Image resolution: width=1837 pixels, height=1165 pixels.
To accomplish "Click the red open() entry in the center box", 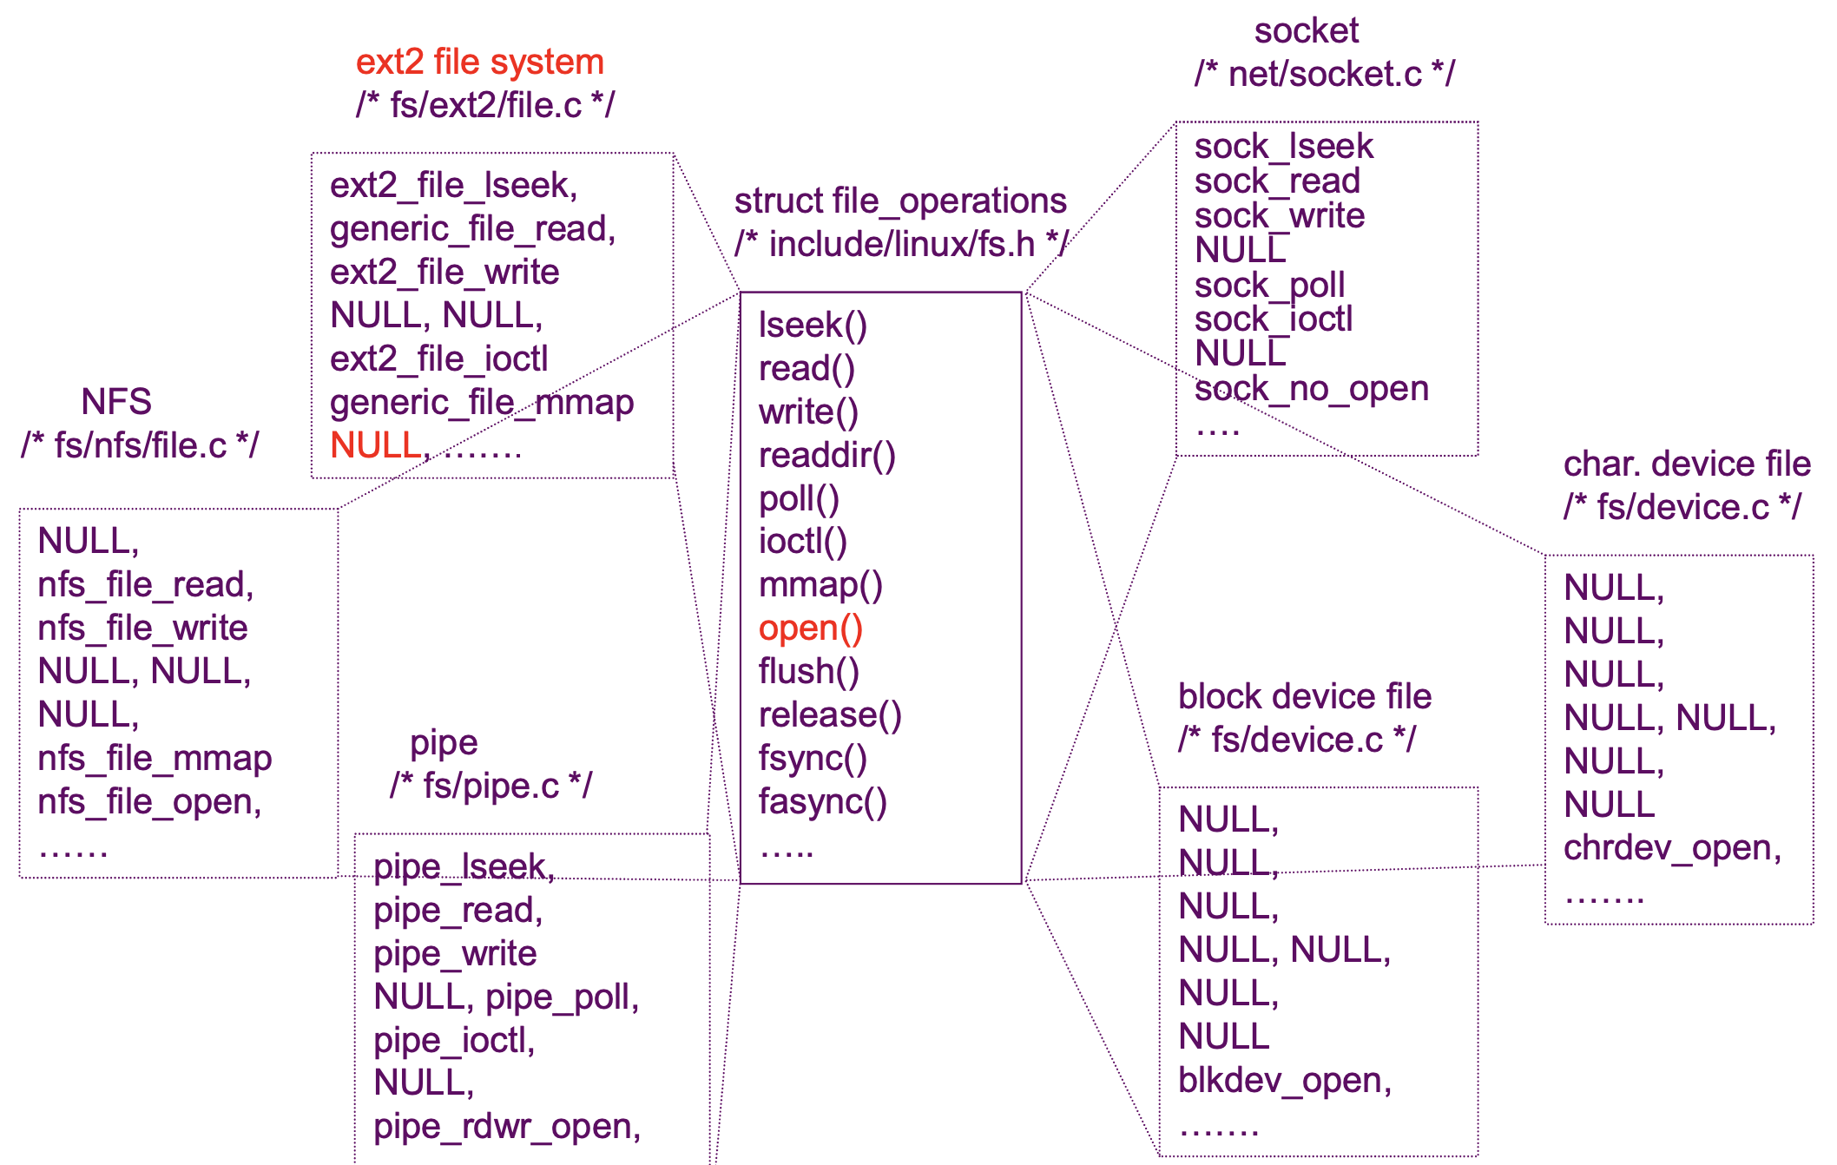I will (x=810, y=629).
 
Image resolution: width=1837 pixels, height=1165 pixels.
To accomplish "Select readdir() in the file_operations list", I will (x=826, y=456).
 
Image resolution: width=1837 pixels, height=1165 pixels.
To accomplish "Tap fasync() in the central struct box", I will (x=822, y=802).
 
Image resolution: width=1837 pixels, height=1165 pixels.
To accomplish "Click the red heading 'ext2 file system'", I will (x=479, y=63).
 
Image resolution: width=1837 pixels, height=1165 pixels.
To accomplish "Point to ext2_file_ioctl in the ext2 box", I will (x=438, y=359).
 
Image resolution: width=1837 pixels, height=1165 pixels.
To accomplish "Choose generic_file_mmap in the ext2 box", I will (x=481, y=403).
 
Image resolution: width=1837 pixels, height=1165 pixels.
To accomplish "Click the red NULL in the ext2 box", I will (x=376, y=446).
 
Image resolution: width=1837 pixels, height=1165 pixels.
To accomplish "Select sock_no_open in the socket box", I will (x=1311, y=389).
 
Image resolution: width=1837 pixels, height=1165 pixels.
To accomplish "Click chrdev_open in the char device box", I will (x=1670, y=848).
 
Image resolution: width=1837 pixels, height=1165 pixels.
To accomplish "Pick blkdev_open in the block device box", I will (x=1283, y=1081).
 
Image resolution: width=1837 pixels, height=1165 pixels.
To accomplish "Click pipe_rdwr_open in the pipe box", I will (x=506, y=1127).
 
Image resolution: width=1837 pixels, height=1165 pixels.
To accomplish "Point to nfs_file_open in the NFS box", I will (x=148, y=802).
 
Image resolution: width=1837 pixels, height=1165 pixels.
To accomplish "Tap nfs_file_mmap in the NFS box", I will (x=155, y=759).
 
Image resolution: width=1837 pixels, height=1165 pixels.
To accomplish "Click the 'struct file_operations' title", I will (x=899, y=201).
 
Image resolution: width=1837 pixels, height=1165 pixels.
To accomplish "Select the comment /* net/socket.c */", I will (x=1324, y=75).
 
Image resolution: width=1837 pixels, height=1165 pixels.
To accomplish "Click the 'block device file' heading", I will (x=1304, y=697).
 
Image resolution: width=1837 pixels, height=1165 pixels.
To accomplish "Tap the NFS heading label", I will (x=116, y=402).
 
